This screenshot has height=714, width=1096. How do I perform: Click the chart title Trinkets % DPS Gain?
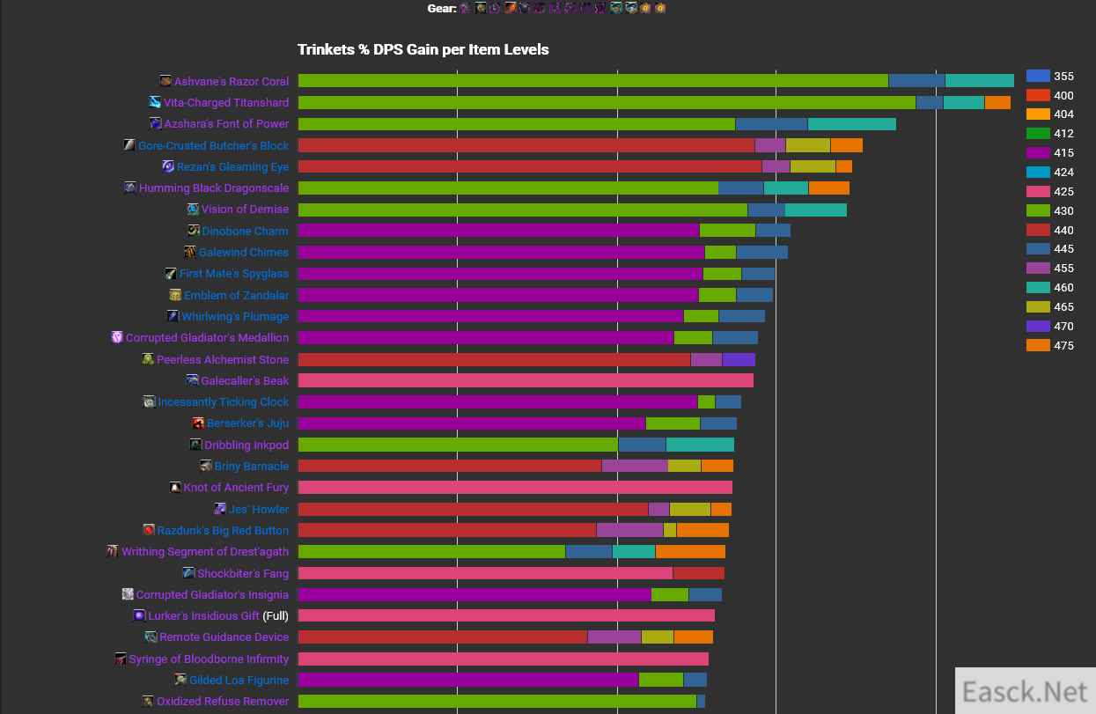click(423, 49)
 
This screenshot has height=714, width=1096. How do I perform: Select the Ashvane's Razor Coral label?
click(231, 81)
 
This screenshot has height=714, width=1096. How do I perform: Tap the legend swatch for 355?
click(1038, 77)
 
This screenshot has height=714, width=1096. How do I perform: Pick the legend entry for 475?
click(1038, 345)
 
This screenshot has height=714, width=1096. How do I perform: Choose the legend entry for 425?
click(1038, 192)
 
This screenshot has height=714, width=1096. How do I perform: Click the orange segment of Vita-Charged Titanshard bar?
click(997, 102)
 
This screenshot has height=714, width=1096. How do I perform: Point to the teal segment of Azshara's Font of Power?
click(851, 124)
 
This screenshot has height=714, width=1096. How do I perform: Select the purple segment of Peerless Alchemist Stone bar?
click(739, 359)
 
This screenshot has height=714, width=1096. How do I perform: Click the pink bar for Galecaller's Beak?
click(526, 380)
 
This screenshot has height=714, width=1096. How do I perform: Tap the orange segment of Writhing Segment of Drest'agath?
click(690, 552)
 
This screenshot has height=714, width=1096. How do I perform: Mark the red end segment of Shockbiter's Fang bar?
click(698, 573)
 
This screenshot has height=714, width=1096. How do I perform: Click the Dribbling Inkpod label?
click(246, 445)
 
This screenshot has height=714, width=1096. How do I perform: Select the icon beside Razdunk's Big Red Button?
click(150, 530)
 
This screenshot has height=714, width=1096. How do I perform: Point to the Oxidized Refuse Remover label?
click(222, 701)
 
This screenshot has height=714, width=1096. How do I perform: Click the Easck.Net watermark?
click(1025, 692)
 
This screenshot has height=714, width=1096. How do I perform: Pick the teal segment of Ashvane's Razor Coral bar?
click(979, 81)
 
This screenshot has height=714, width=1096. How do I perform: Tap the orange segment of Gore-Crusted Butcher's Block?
click(846, 145)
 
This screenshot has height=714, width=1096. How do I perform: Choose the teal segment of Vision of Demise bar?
click(815, 210)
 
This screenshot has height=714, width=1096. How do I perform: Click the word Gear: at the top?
click(442, 8)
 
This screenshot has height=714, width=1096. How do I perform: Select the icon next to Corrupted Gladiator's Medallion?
click(117, 337)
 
